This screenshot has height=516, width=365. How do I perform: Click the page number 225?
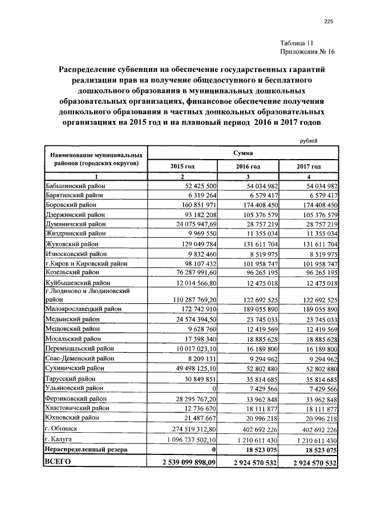pyautogui.click(x=328, y=22)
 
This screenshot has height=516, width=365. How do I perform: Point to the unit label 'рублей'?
pyautogui.click(x=308, y=141)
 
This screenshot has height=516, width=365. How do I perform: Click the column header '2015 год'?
pyautogui.click(x=182, y=166)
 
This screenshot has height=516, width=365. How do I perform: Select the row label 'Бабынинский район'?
pyautogui.click(x=75, y=186)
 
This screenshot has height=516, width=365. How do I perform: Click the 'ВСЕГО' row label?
pyautogui.click(x=58, y=462)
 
